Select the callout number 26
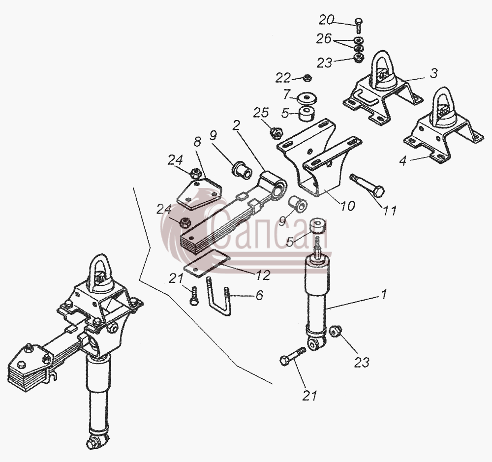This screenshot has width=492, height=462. point(324,39)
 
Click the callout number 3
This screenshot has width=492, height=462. point(433,73)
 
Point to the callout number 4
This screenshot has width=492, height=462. point(403,161)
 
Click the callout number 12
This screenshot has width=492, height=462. point(263,275)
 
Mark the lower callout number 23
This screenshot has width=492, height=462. point(362,363)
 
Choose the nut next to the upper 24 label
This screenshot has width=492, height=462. point(195,172)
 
